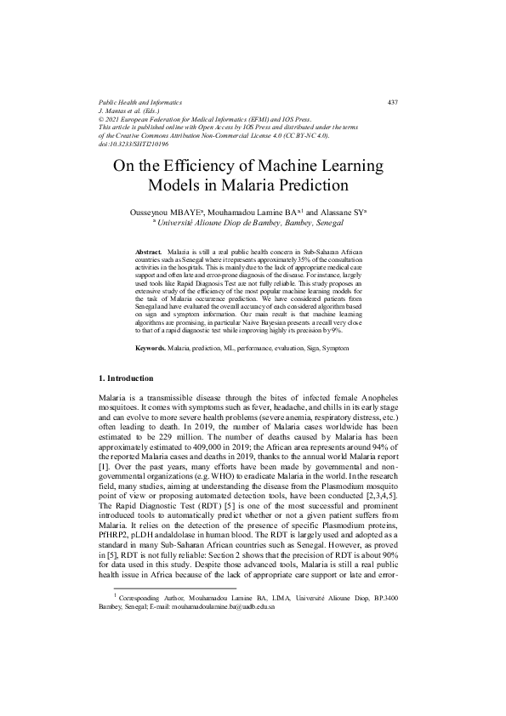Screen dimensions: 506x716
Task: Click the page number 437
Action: [x=393, y=102]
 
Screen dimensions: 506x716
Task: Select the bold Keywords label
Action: [x=151, y=349]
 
